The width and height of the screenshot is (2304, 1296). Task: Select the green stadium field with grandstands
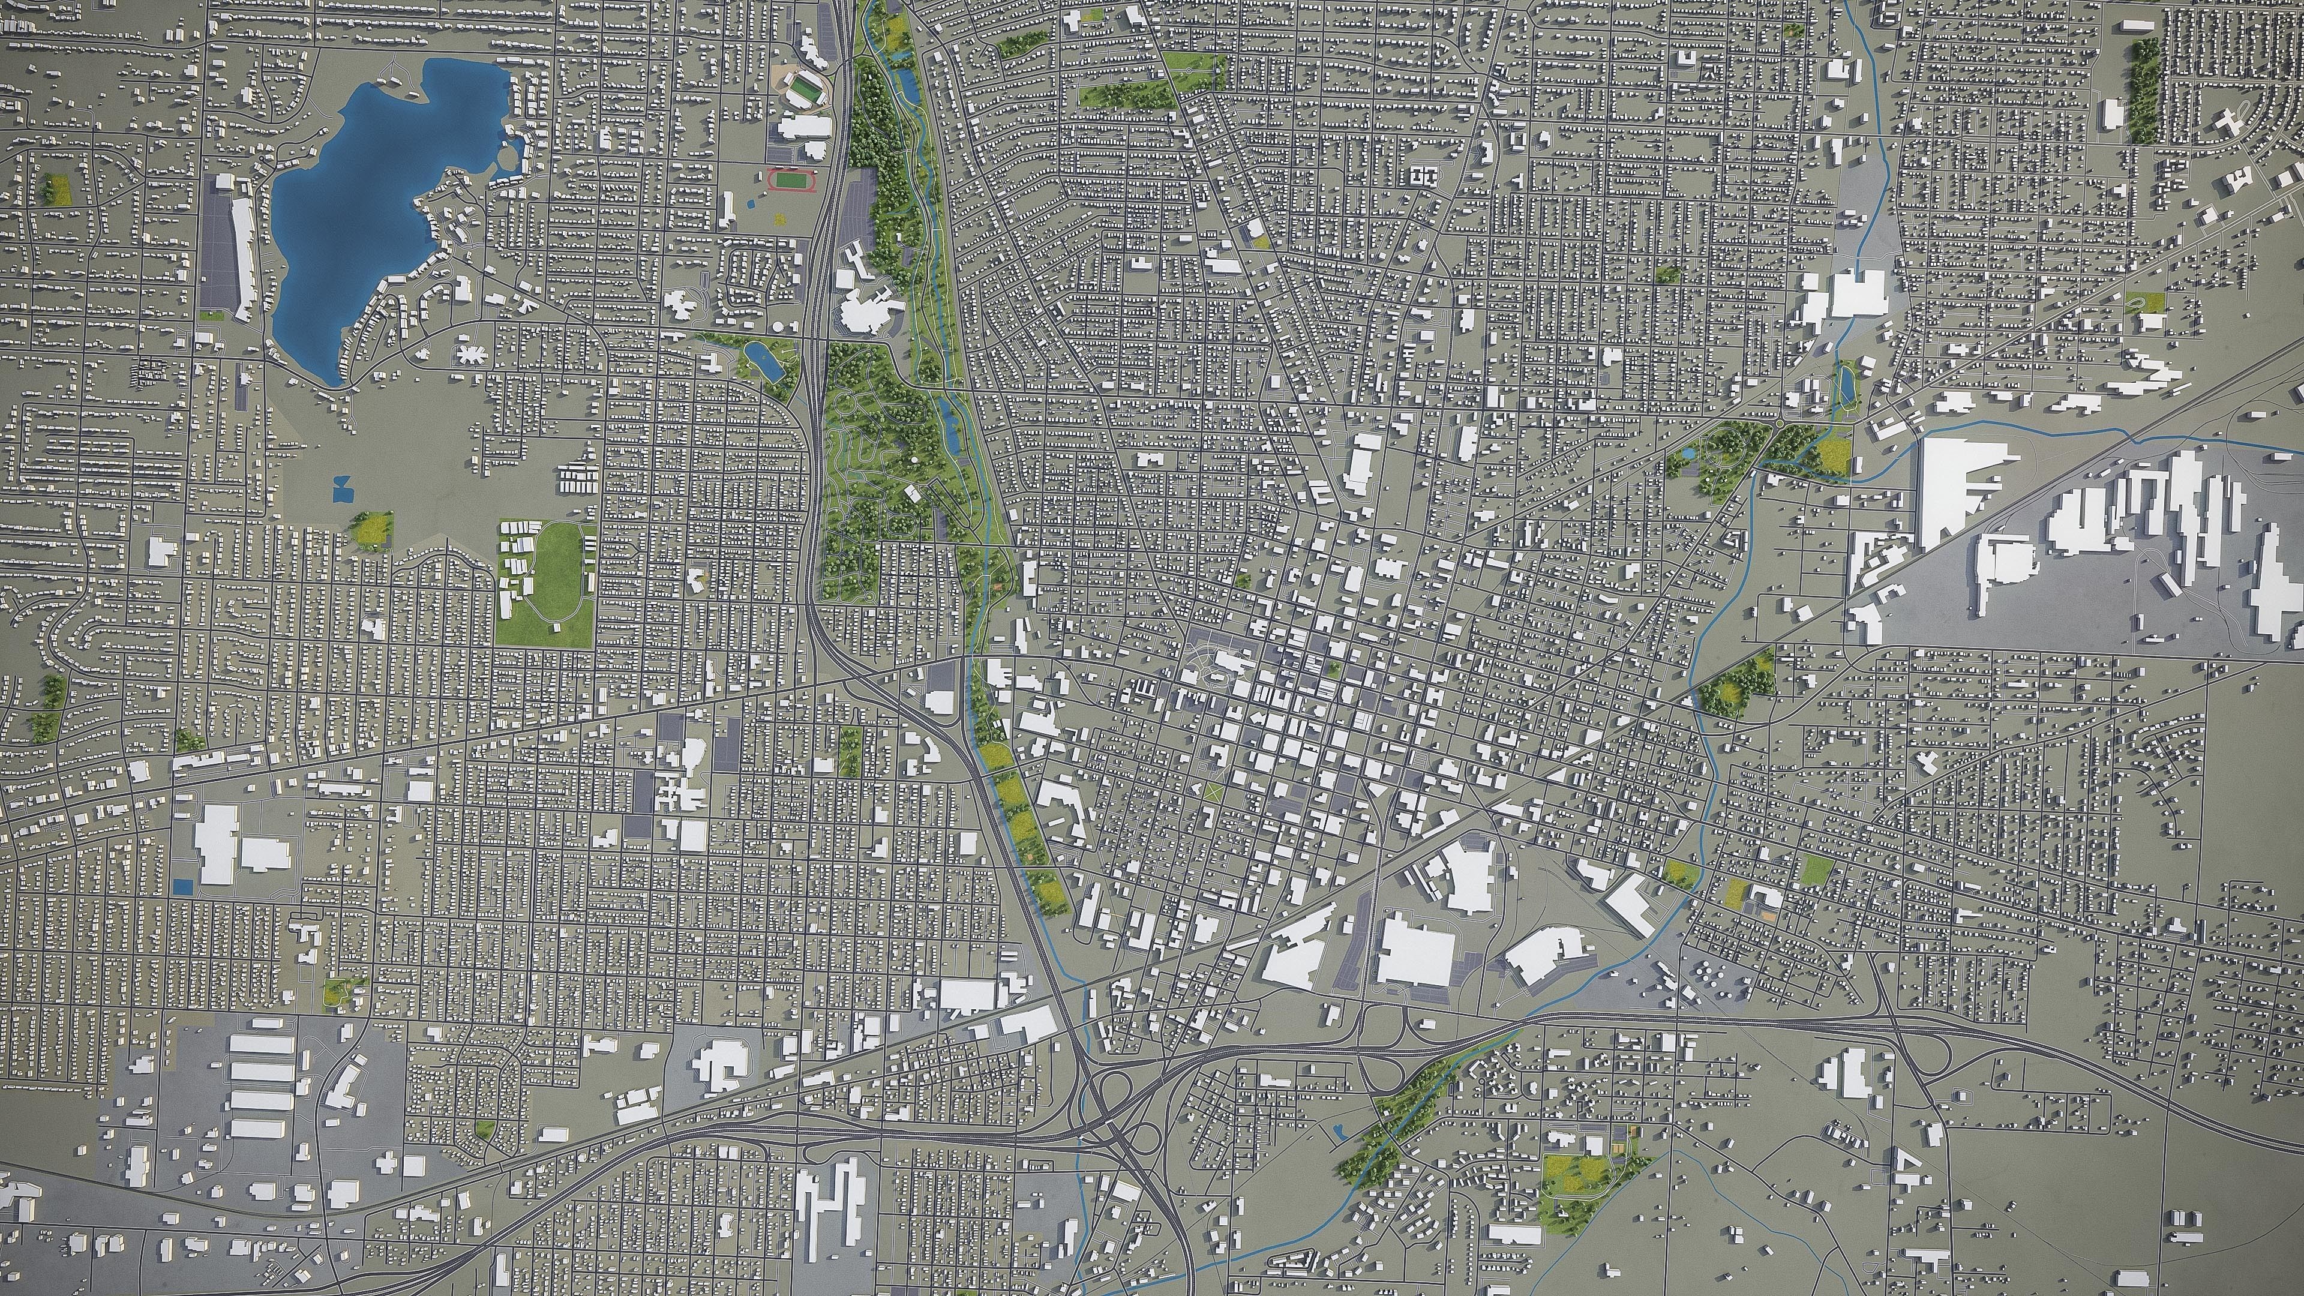(x=805, y=89)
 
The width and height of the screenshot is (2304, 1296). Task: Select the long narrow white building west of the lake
(x=241, y=259)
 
